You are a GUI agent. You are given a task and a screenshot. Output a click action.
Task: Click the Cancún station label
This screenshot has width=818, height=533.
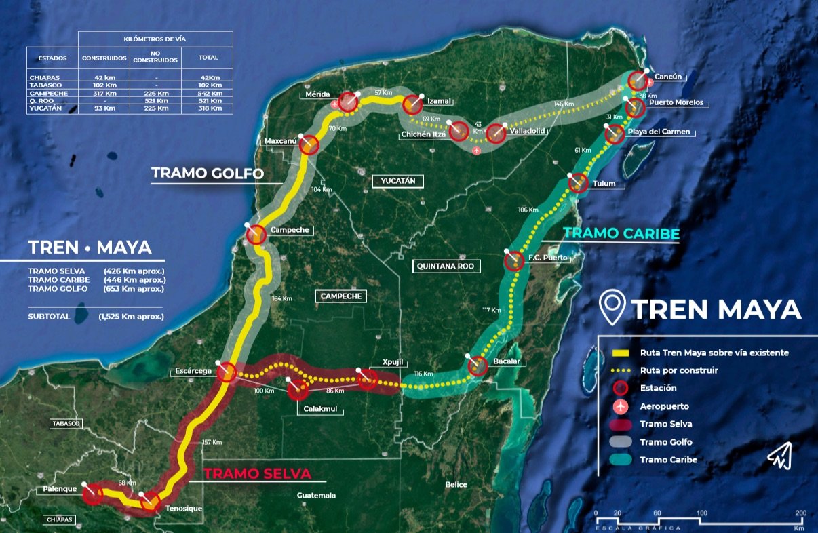coord(668,77)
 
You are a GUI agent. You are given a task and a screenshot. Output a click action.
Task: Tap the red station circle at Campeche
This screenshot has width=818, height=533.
coord(256,235)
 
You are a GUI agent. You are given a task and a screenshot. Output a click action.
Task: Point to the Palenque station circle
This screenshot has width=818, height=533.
coord(93,494)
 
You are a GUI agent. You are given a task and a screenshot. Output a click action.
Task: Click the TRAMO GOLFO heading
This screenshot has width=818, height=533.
coord(208,173)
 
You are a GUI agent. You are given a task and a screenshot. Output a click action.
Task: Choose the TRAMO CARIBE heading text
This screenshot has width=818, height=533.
coord(621,234)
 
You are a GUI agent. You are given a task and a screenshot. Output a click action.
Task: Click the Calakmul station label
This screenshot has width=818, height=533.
coord(320,409)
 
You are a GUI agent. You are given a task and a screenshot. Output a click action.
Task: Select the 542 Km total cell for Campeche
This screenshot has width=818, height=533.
coord(208,93)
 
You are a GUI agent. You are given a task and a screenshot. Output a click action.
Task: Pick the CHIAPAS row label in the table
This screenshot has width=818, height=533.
coord(45,78)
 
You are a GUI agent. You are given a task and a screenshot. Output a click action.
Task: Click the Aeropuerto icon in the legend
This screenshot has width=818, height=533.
coord(620,406)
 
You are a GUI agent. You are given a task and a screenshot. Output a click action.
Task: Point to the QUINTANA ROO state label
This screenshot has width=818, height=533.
coord(446,266)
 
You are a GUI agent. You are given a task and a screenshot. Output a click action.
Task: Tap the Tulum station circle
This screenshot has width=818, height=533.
coord(577,182)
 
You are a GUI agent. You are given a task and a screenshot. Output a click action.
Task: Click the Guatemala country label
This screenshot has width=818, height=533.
coord(316,496)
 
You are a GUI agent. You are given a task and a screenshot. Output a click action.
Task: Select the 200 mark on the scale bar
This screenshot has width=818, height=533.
coord(800,513)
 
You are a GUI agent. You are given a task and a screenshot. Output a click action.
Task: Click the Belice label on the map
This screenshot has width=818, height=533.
coord(456,485)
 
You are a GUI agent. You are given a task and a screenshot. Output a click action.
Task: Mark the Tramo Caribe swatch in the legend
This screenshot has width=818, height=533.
coord(620,460)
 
